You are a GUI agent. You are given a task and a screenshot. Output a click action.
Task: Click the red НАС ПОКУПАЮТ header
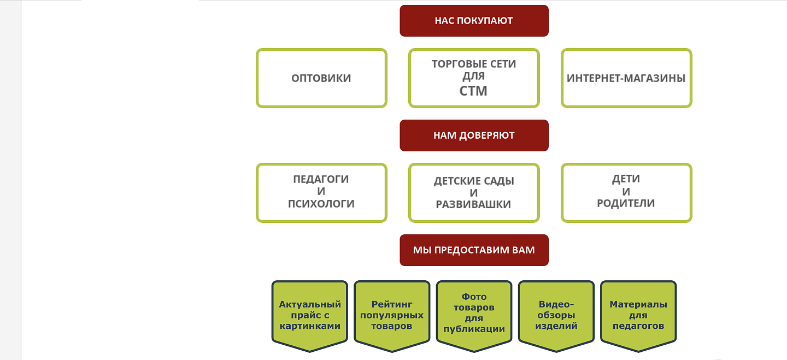click(474, 21)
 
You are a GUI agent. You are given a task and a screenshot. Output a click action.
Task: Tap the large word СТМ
click(473, 91)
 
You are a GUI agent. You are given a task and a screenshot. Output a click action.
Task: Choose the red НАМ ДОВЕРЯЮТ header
click(474, 135)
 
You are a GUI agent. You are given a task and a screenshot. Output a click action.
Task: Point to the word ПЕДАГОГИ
click(321, 179)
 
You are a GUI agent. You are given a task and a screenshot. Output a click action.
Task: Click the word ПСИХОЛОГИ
click(321, 204)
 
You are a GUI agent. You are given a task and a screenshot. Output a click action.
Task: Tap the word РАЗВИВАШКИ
click(473, 204)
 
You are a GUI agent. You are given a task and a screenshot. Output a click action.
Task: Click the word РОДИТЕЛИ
click(626, 203)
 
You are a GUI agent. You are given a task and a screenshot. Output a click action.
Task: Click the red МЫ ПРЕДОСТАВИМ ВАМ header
click(474, 250)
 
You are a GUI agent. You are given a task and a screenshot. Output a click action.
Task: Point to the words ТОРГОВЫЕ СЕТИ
click(474, 64)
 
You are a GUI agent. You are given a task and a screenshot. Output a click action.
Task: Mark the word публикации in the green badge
click(474, 329)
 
